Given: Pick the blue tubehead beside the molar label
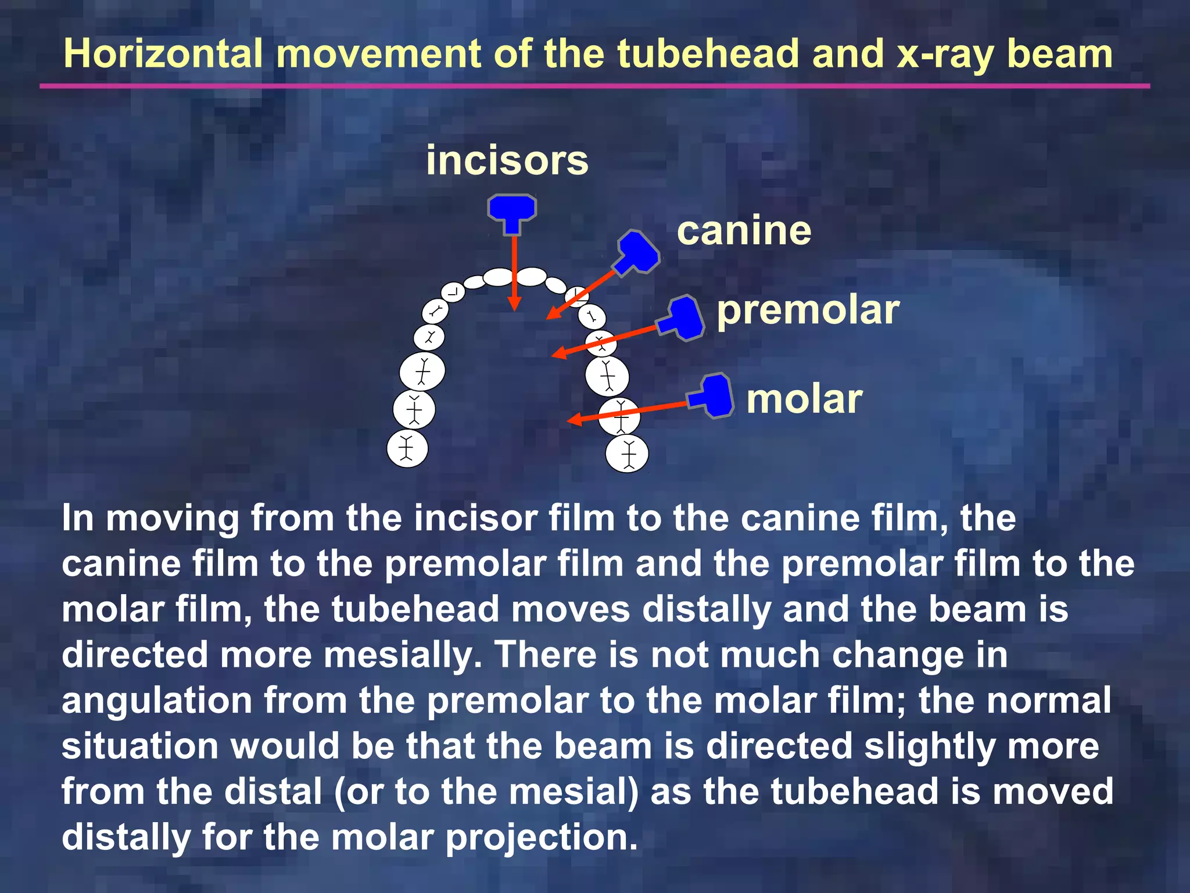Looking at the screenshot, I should (712, 396).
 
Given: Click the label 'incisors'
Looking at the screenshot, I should (507, 160).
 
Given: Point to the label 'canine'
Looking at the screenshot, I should (744, 231).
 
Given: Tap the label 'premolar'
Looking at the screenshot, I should (808, 310).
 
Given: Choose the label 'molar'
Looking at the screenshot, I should (804, 399).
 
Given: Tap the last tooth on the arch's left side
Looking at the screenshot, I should (407, 449).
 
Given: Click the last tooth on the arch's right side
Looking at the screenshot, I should (627, 453).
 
